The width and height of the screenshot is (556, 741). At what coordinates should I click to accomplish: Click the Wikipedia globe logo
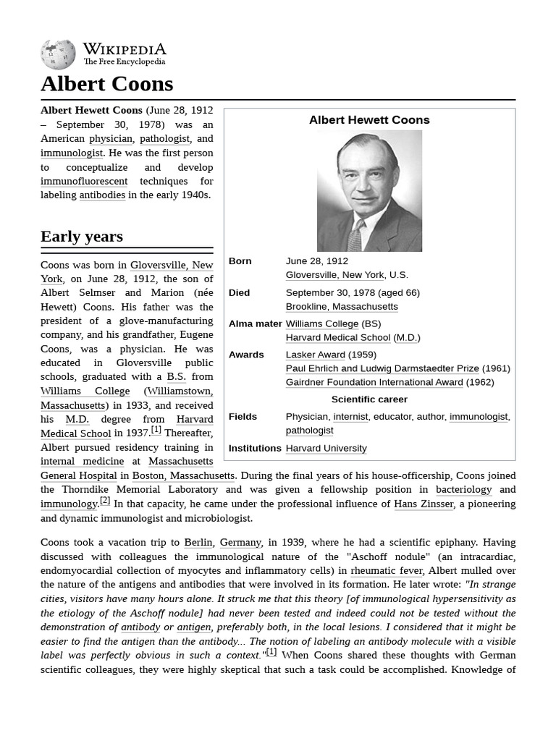point(58,54)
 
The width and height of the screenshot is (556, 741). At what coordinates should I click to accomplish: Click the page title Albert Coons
point(106,84)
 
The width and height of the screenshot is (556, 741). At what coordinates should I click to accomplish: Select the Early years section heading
point(82,237)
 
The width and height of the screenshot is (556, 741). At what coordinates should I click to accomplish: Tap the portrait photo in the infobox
point(369,191)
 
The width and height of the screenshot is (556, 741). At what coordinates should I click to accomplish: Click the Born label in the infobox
point(240,261)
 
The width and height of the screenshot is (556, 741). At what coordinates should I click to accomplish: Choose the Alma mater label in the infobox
point(255,323)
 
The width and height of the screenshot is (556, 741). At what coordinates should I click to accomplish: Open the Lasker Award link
point(315,355)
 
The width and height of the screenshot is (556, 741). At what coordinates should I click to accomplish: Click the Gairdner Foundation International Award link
point(374,382)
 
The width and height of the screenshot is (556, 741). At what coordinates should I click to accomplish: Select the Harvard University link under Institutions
point(326,448)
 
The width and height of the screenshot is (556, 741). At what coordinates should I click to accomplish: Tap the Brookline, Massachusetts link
point(342,306)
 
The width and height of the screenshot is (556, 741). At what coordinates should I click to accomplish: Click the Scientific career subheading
point(369,399)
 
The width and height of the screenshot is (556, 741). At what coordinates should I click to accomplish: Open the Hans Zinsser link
point(424,504)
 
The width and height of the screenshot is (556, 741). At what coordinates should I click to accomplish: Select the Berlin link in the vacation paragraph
point(198,542)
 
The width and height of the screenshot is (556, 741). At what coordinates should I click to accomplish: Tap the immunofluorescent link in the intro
point(84,181)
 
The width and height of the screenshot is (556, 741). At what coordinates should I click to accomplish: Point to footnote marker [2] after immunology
point(105,501)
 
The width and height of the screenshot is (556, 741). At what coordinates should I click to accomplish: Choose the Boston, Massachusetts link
point(183,475)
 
